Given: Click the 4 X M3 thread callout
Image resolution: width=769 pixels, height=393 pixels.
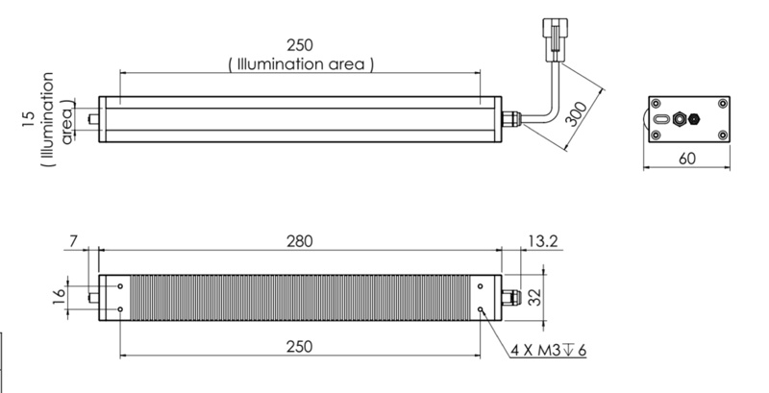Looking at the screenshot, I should [549, 349].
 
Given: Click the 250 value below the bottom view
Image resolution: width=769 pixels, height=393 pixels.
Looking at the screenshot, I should [299, 347].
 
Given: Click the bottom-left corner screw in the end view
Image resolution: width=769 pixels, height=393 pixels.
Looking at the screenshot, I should [656, 135].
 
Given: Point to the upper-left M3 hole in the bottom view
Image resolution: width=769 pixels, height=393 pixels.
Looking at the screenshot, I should [120, 285].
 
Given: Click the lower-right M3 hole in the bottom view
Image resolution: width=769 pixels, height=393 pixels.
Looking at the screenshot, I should [480, 308].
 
